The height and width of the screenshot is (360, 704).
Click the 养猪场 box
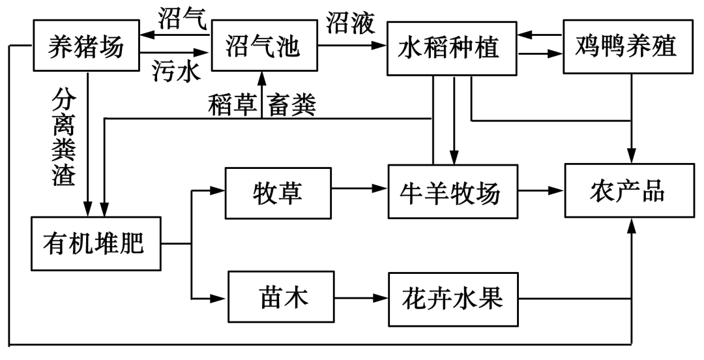click(86, 46)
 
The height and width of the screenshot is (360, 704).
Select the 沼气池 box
click(261, 46)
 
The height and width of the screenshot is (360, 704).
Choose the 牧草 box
click(278, 192)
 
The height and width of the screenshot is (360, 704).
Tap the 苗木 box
click(280, 299)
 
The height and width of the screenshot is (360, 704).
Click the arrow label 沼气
click(183, 18)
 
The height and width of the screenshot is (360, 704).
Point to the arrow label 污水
click(173, 70)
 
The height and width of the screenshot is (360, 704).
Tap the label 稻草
click(232, 104)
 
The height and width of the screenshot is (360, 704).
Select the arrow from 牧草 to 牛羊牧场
click(359, 190)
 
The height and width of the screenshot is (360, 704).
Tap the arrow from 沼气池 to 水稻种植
click(350, 46)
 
